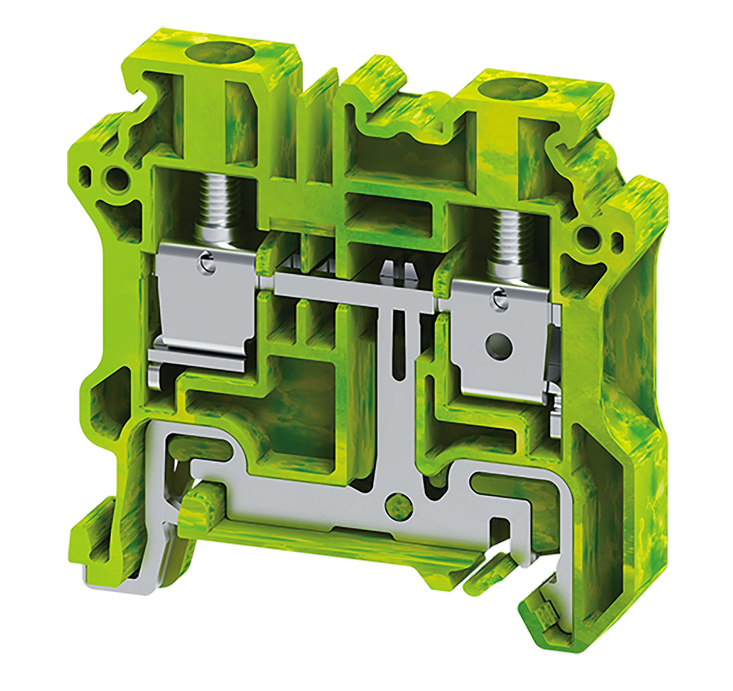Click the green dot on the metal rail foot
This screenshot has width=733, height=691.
(x=396, y=503)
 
